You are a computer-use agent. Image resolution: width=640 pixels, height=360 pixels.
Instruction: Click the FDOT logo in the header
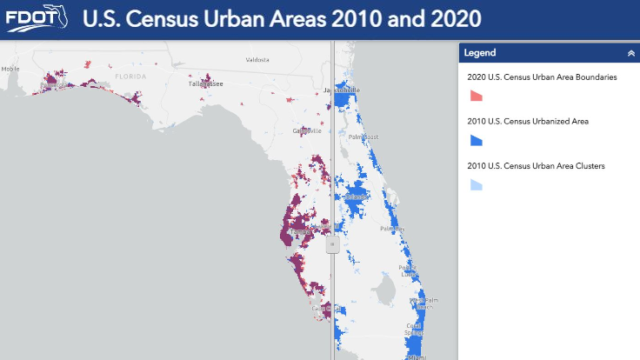[34, 19]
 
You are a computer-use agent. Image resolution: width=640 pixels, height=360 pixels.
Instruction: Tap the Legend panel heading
[480, 53]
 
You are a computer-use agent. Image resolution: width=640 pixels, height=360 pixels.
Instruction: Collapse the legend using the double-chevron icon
[630, 53]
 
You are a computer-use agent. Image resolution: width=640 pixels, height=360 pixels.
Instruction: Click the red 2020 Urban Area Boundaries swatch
[476, 94]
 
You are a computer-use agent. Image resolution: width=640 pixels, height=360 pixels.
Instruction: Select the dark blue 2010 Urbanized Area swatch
[476, 139]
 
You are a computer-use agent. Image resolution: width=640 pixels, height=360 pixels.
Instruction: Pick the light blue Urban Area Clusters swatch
[476, 184]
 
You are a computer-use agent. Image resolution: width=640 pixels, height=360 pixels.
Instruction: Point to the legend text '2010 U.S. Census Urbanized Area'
[528, 121]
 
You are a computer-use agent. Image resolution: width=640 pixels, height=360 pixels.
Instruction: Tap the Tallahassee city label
[206, 83]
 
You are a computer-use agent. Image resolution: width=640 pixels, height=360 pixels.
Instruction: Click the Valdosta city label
[258, 60]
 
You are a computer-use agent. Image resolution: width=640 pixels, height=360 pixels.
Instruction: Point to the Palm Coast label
[364, 136]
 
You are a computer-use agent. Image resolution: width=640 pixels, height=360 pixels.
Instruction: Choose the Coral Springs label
[414, 330]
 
